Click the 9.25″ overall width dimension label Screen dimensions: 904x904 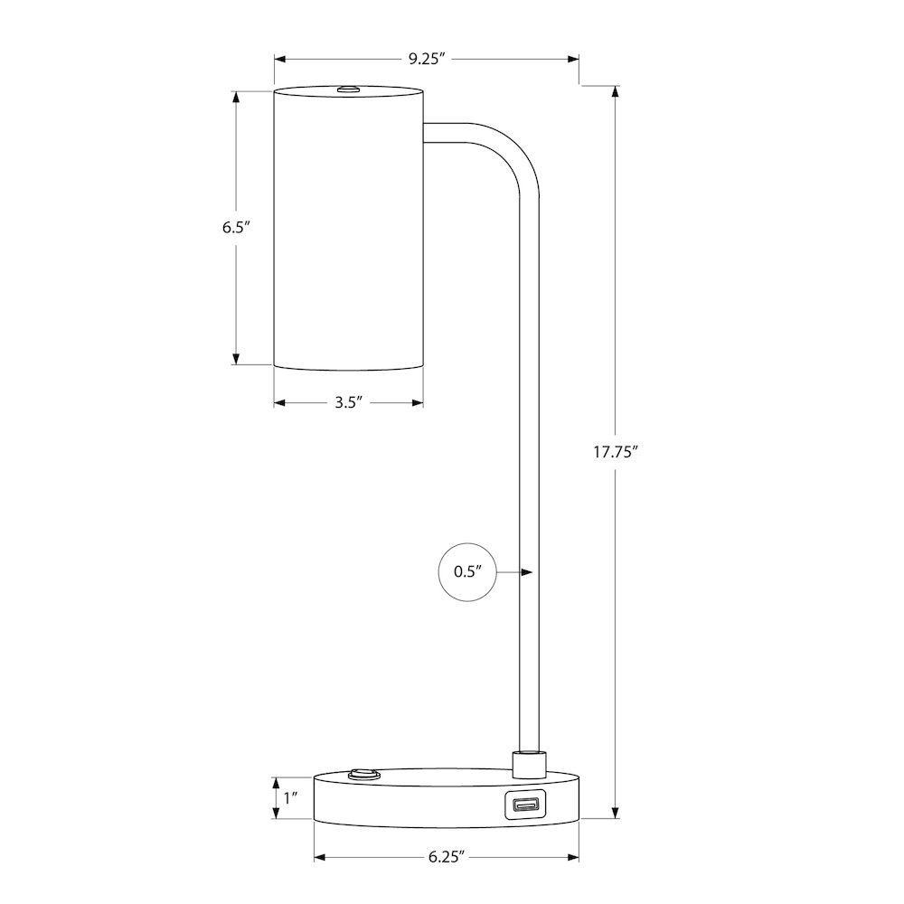click(428, 59)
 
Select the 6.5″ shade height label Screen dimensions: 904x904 click(235, 227)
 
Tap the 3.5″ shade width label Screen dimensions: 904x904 click(349, 402)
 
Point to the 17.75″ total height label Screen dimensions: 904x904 click(616, 451)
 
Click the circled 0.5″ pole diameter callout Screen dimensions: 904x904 click(467, 572)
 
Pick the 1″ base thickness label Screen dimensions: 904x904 click(290, 798)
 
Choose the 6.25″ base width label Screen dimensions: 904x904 click(447, 857)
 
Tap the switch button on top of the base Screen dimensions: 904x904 click(363, 774)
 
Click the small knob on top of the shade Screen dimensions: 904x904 click(347, 89)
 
